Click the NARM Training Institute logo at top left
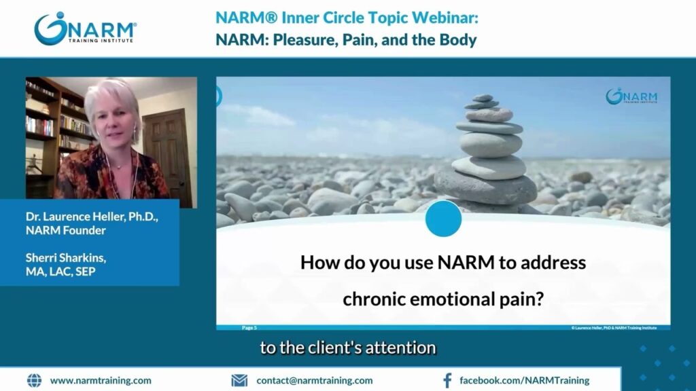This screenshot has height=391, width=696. tap(85, 29)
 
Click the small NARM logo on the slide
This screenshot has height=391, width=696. tap(631, 96)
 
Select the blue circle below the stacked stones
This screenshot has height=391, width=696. tap(443, 219)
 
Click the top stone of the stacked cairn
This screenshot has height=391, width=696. tap(483, 98)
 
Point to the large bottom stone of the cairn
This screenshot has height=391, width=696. tap(485, 187)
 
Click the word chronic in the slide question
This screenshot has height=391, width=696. tap(374, 299)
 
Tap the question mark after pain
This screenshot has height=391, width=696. tap(539, 299)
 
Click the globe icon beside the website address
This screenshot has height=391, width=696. tap(34, 380)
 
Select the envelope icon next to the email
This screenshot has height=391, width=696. tap(239, 380)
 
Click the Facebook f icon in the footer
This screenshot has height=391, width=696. tap(447, 380)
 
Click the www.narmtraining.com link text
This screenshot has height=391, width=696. tap(101, 380)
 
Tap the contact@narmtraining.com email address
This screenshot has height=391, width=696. tap(315, 380)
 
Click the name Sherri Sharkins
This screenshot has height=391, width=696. tap(66, 257)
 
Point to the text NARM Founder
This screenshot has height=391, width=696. tap(66, 231)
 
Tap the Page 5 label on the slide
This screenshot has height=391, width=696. tap(249, 328)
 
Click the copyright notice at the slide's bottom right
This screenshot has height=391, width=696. tap(614, 328)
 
